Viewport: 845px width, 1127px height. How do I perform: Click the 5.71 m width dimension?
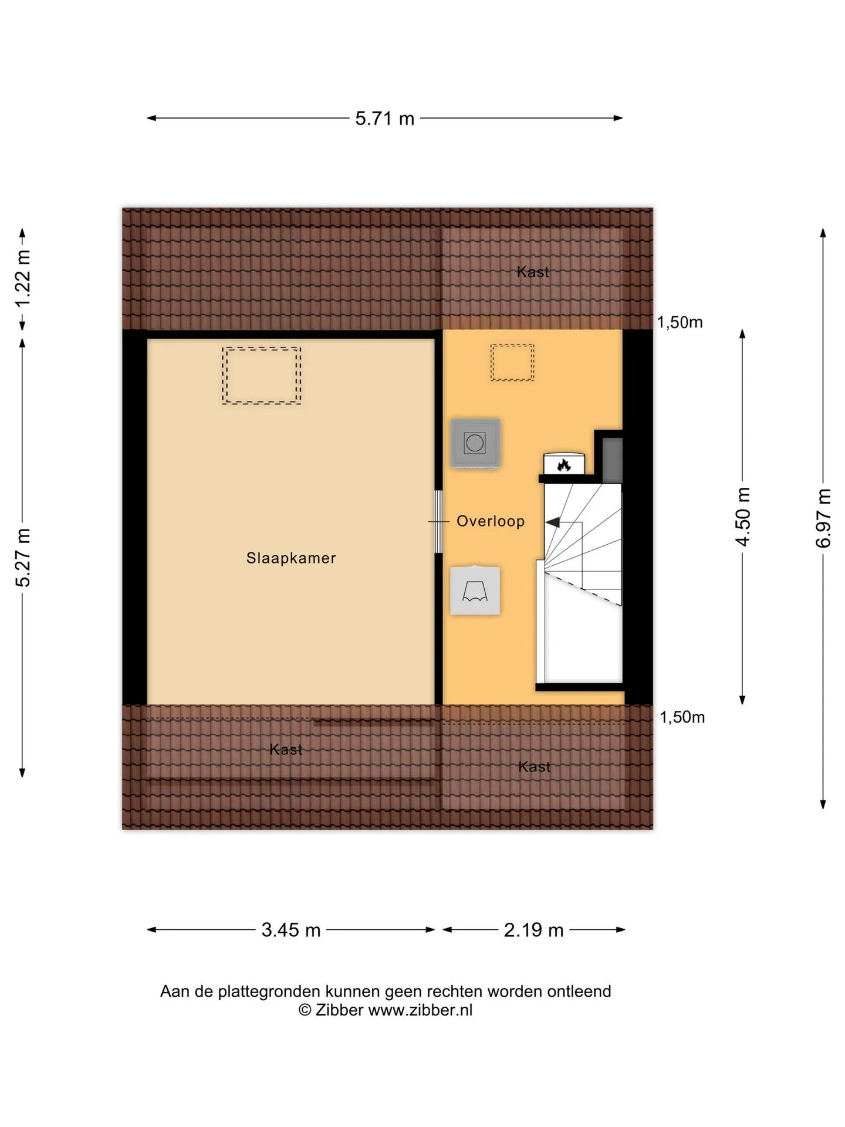[385, 119]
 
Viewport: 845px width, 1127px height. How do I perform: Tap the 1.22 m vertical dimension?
[23, 278]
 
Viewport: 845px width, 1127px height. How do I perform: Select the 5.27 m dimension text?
[23, 558]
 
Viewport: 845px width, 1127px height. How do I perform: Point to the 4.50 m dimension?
[743, 517]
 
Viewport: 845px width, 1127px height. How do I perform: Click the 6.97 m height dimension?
[823, 518]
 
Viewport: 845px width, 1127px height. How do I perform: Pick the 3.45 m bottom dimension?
[291, 930]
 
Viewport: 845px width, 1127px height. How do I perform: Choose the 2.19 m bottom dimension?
[534, 930]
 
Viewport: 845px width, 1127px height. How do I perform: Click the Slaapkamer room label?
[291, 558]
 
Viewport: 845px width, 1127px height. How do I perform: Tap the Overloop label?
[491, 521]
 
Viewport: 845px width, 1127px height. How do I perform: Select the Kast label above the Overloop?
[533, 272]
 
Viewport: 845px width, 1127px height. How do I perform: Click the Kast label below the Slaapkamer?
[286, 750]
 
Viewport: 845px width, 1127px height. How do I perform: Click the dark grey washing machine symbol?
[475, 443]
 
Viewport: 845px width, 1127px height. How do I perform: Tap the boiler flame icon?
[564, 465]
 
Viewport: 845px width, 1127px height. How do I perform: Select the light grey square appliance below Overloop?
[475, 591]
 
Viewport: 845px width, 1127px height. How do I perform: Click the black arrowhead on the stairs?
[552, 522]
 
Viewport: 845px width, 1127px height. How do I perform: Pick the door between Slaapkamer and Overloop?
[438, 521]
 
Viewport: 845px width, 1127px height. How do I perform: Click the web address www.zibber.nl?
[420, 1010]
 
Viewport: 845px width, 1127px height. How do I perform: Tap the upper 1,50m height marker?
[680, 322]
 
